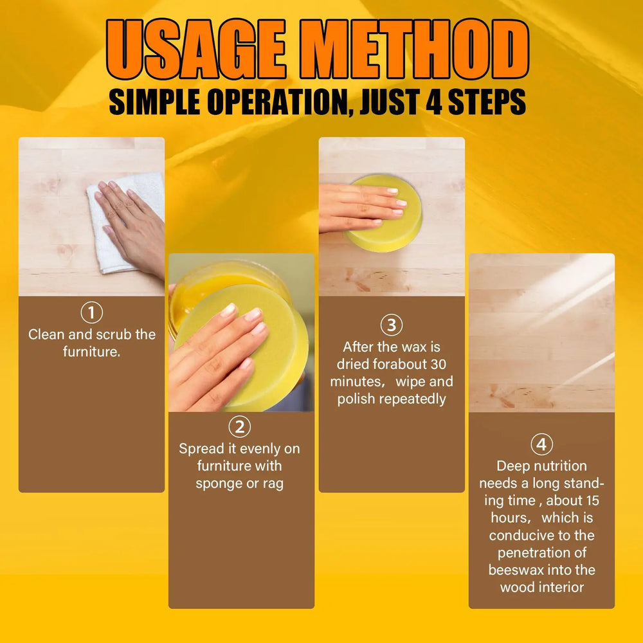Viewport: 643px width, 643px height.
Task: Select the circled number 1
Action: pyautogui.click(x=91, y=313)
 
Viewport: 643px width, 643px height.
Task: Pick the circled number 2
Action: pyautogui.click(x=240, y=428)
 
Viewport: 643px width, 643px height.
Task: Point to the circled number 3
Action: pyautogui.click(x=392, y=325)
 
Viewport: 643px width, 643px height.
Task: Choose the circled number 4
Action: pyautogui.click(x=541, y=445)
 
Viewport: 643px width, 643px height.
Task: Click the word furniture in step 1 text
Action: pyautogui.click(x=92, y=352)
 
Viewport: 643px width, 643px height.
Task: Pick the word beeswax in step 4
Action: pyautogui.click(x=514, y=570)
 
